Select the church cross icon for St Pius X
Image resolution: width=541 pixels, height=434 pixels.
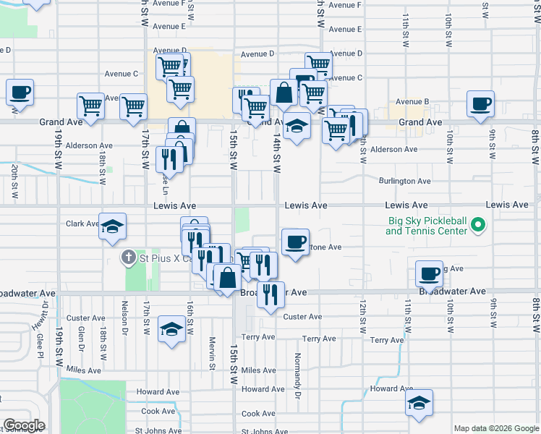point(128,258)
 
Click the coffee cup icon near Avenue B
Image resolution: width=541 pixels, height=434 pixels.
point(480,103)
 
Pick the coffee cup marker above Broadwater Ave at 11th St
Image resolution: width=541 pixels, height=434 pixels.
point(429,274)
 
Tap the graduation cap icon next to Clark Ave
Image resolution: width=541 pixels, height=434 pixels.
point(112,226)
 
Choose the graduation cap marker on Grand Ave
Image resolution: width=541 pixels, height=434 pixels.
point(297,126)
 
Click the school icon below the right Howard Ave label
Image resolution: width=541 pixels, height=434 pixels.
point(418,403)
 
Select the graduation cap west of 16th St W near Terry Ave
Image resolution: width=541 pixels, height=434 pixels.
point(171,328)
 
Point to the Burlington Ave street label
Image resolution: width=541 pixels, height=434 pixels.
point(405,181)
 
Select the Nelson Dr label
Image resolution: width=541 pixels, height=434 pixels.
point(125,318)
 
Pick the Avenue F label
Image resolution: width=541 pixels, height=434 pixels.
point(344,5)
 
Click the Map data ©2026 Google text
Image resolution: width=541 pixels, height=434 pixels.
point(496,428)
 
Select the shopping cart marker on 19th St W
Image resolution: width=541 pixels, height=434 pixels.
point(91,106)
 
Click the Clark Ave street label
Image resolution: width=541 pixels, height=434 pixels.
point(82,224)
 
